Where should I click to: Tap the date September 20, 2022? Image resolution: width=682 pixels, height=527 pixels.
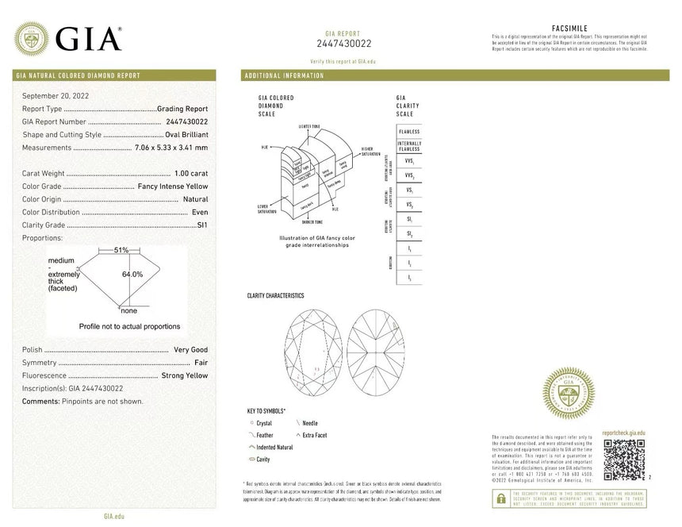point(56,95)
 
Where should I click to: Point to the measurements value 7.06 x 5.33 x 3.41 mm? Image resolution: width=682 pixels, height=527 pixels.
point(171,147)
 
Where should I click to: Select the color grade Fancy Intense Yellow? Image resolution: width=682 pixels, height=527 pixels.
point(173,187)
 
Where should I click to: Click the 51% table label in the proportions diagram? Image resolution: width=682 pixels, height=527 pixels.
point(121,250)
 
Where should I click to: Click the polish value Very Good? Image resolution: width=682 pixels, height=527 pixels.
point(190,350)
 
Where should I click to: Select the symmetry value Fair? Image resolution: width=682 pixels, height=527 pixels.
point(201,363)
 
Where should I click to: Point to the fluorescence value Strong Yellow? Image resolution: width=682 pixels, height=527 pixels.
point(184,375)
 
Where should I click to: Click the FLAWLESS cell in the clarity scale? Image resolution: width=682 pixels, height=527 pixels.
point(408,131)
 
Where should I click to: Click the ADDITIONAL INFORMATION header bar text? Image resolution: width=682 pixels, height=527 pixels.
point(285,75)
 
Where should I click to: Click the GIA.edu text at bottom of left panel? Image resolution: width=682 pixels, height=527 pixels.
point(113,516)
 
